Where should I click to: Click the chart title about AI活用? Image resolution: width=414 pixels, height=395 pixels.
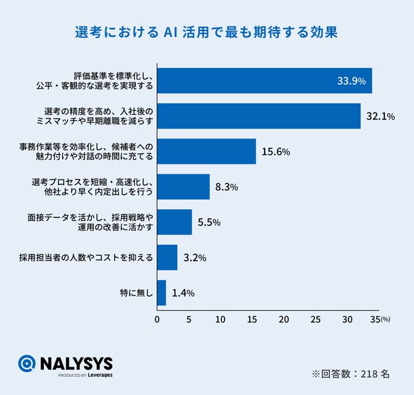coord(207,32)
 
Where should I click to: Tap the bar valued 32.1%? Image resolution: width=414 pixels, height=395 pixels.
coord(259,116)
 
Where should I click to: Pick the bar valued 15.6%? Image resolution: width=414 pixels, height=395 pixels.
coord(206,152)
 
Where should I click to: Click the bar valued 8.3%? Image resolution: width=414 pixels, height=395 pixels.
coord(183,186)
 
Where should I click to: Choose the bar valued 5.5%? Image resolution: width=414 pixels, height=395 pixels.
coord(175,222)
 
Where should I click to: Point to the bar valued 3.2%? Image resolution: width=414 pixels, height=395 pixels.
coord(167,257)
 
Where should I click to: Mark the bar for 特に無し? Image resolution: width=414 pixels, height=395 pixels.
coord(162,293)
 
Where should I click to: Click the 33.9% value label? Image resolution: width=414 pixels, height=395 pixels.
coord(351,82)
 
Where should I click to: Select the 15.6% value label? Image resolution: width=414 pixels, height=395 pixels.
coord(276,152)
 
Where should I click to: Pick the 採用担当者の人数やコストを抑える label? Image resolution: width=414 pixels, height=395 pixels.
coord(86,258)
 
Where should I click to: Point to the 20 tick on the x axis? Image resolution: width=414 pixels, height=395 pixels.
coord(284,319)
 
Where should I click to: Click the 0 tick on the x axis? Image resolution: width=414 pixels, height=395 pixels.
coord(158,319)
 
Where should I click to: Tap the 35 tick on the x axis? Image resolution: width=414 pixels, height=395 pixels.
coord(375,319)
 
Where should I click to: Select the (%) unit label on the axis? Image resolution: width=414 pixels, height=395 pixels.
coord(386,320)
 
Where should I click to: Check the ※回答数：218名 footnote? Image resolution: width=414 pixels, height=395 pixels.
coord(350,374)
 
